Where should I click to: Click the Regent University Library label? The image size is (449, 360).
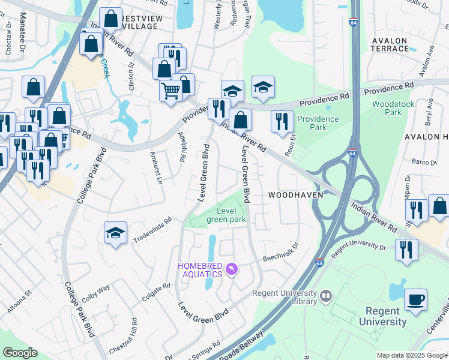285,297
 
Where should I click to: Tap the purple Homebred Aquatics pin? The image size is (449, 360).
232,271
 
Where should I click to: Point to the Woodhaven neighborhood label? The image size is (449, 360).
296,195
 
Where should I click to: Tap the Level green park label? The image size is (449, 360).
226,215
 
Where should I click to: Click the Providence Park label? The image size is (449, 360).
318,123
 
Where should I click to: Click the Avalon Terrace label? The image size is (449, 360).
390,44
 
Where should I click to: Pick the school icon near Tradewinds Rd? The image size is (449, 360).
116,233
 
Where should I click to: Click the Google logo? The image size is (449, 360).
20,353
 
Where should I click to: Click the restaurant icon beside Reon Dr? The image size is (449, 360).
282,121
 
